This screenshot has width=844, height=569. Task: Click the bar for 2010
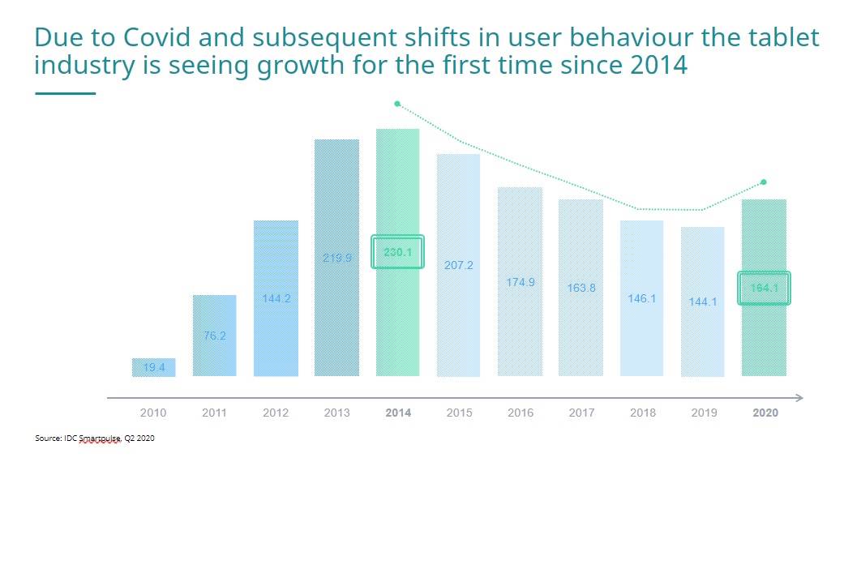pos(153,367)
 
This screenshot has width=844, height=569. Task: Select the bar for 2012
pos(276,297)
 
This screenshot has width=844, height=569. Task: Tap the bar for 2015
pos(459,265)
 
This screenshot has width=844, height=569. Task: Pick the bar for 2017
pos(581,288)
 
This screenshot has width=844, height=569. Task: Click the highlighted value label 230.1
pos(397,252)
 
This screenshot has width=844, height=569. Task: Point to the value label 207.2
pos(459,265)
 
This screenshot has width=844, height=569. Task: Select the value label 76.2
pos(215,336)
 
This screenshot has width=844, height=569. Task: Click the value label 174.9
pos(521,282)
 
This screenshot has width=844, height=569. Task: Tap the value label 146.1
pos(642,298)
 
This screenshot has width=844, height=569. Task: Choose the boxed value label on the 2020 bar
pos(764,288)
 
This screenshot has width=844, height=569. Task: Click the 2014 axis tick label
pos(398,413)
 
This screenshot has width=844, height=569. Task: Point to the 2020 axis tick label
pos(765,413)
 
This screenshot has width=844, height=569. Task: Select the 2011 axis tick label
pos(214,413)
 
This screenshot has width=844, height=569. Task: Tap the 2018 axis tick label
pos(643,413)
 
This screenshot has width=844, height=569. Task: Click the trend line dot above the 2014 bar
pos(397,104)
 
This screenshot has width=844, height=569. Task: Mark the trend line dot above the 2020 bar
pos(764,182)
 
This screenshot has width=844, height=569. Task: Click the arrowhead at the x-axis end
pos(799,398)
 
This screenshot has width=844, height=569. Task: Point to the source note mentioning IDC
pos(95,438)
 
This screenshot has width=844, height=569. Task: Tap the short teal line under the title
pos(66,94)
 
